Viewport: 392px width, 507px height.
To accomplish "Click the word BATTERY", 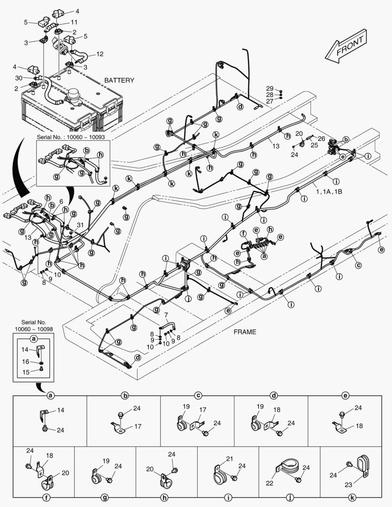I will pos(119,80).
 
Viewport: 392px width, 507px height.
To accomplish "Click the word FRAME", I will pos(245,332).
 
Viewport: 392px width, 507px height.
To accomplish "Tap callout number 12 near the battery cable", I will pos(100,54).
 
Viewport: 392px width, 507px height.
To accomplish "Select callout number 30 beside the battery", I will pos(19,78).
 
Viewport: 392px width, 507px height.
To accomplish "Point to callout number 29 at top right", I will pos(269,88).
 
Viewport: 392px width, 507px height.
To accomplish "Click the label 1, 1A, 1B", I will pos(329,192).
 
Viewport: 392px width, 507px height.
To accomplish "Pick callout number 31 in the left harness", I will pos(80,225).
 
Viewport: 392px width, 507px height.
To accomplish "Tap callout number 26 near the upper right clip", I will pos(321,138).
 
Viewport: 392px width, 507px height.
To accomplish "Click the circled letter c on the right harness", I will pos(358,266).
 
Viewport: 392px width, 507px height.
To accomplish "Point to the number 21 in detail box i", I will pos(229,459).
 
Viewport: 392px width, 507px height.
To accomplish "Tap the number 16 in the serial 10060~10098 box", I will pos(26,361).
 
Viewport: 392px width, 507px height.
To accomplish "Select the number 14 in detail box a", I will pos(61,410).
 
